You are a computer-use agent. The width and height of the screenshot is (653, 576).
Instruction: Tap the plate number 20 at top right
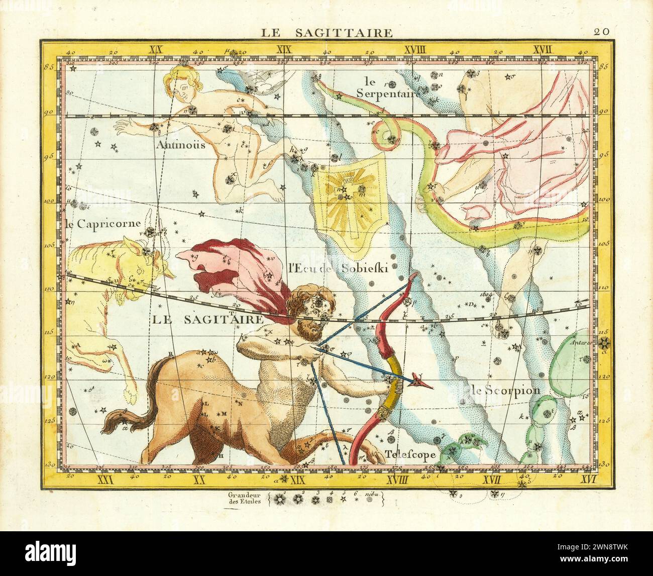pyautogui.click(x=601, y=31)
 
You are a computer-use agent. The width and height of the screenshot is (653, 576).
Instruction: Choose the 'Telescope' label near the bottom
pyautogui.click(x=410, y=454)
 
